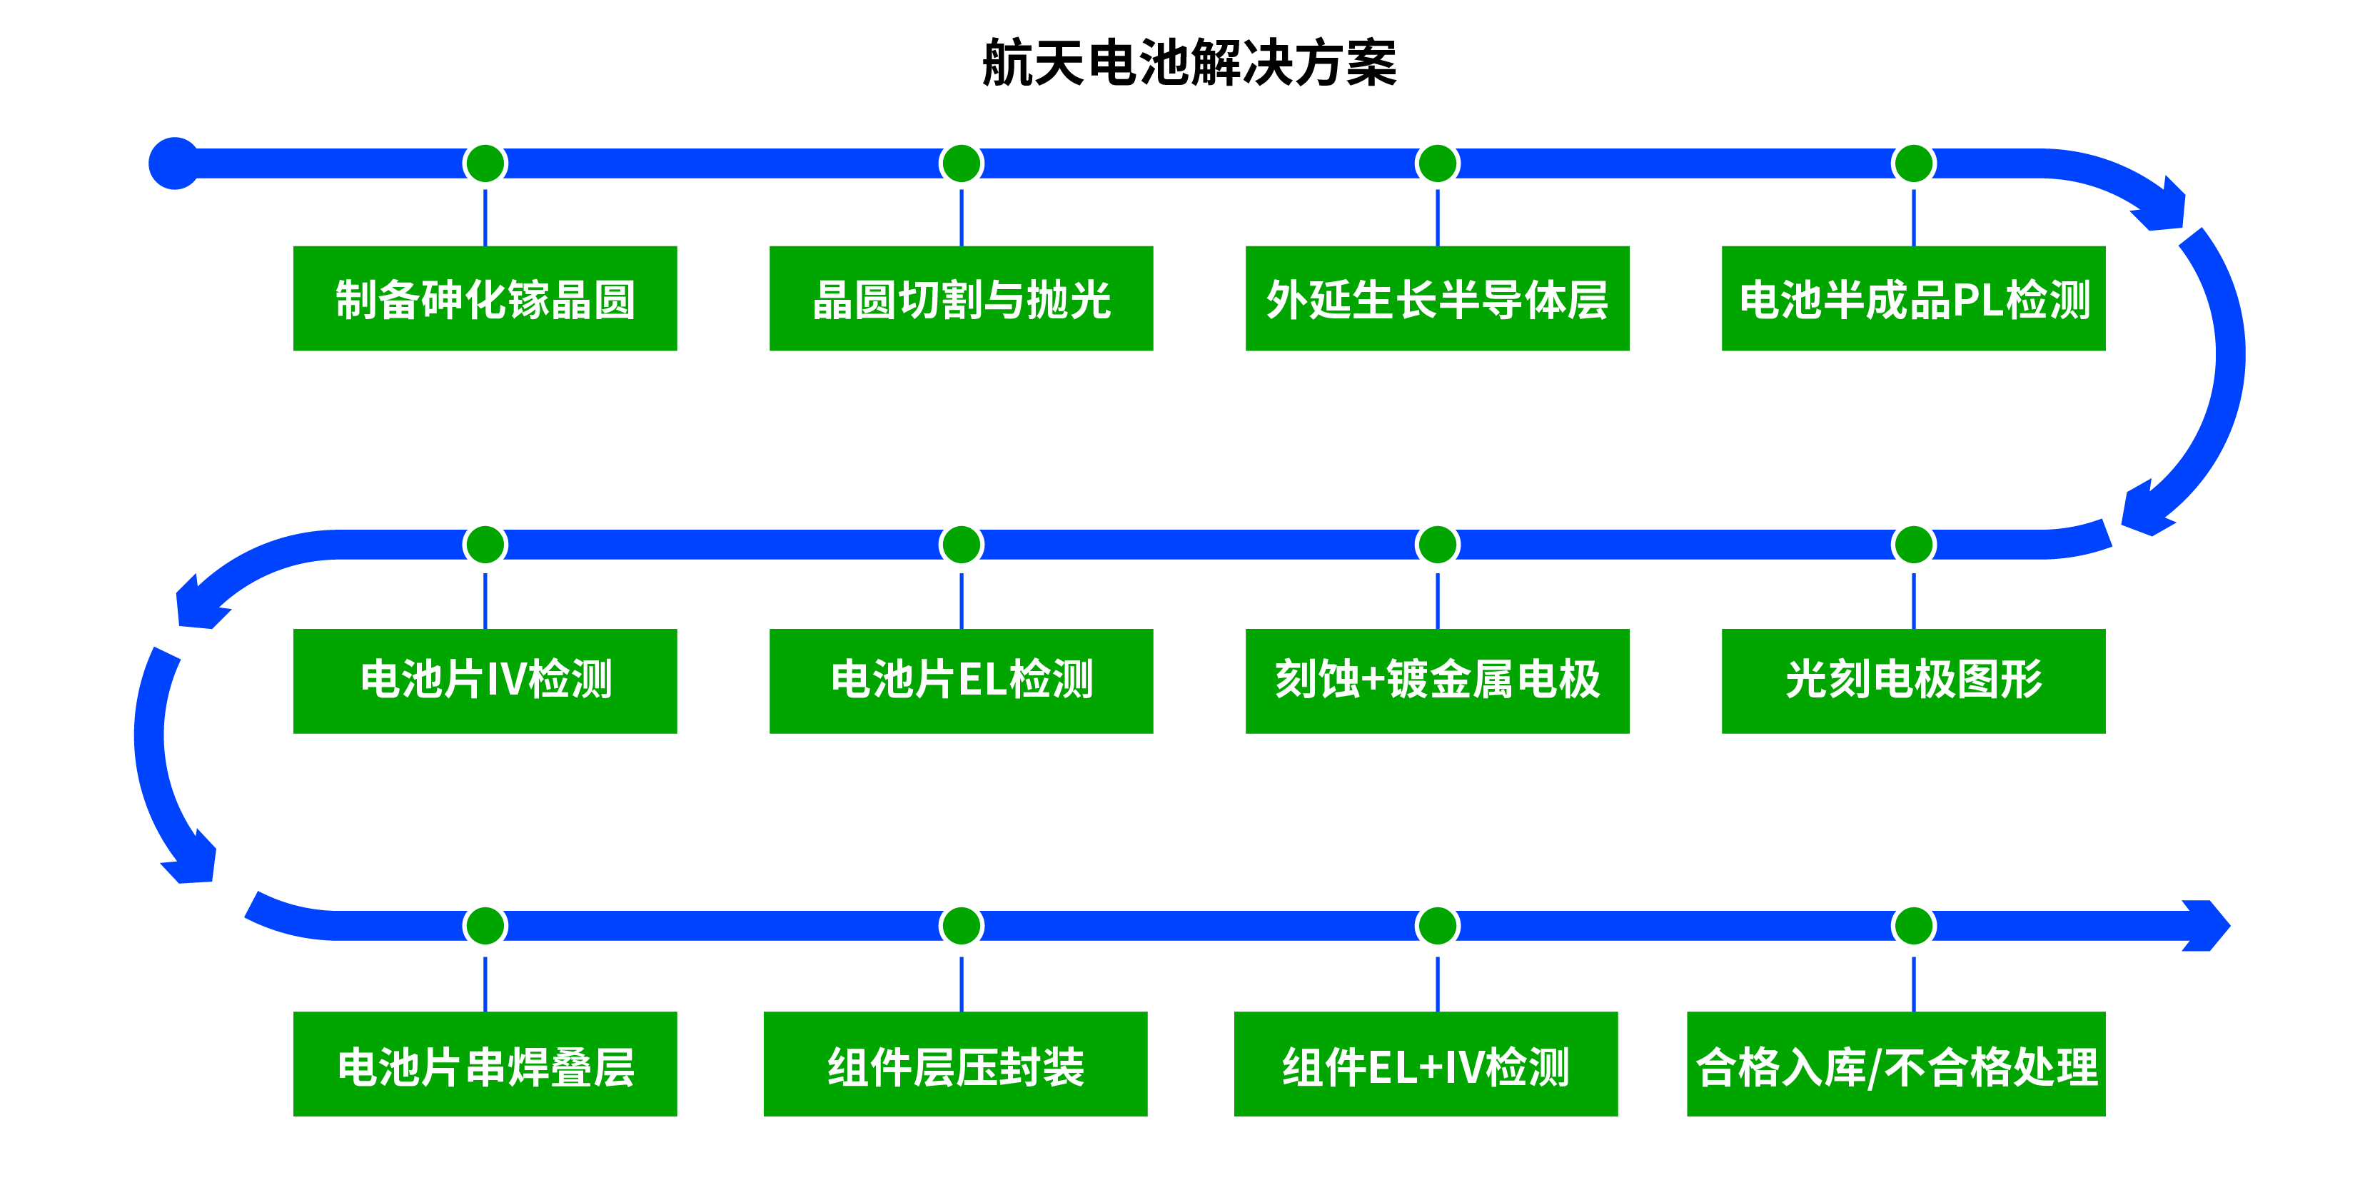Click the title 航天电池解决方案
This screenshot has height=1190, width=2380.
(1189, 63)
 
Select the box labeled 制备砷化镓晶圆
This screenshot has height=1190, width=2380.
(485, 298)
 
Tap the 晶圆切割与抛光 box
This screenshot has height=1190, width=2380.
(961, 298)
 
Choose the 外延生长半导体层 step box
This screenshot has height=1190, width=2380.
(1437, 298)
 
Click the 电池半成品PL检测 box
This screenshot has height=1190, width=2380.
(1912, 298)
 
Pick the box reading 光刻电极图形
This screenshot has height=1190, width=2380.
(1912, 681)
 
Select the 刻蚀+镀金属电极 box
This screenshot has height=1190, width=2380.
(1437, 681)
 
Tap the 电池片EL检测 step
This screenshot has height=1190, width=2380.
(961, 681)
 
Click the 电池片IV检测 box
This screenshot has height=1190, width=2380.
(485, 681)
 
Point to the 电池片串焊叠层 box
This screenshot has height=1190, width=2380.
(485, 1064)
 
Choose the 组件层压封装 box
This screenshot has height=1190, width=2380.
(955, 1064)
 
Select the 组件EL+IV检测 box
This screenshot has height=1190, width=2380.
(1426, 1064)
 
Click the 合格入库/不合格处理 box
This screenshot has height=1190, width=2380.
(1896, 1064)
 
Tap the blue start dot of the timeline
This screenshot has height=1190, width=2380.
(173, 163)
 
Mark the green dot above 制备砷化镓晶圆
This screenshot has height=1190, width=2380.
(485, 163)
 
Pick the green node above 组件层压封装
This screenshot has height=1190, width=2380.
(961, 925)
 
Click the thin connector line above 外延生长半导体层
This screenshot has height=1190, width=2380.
(1437, 217)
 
